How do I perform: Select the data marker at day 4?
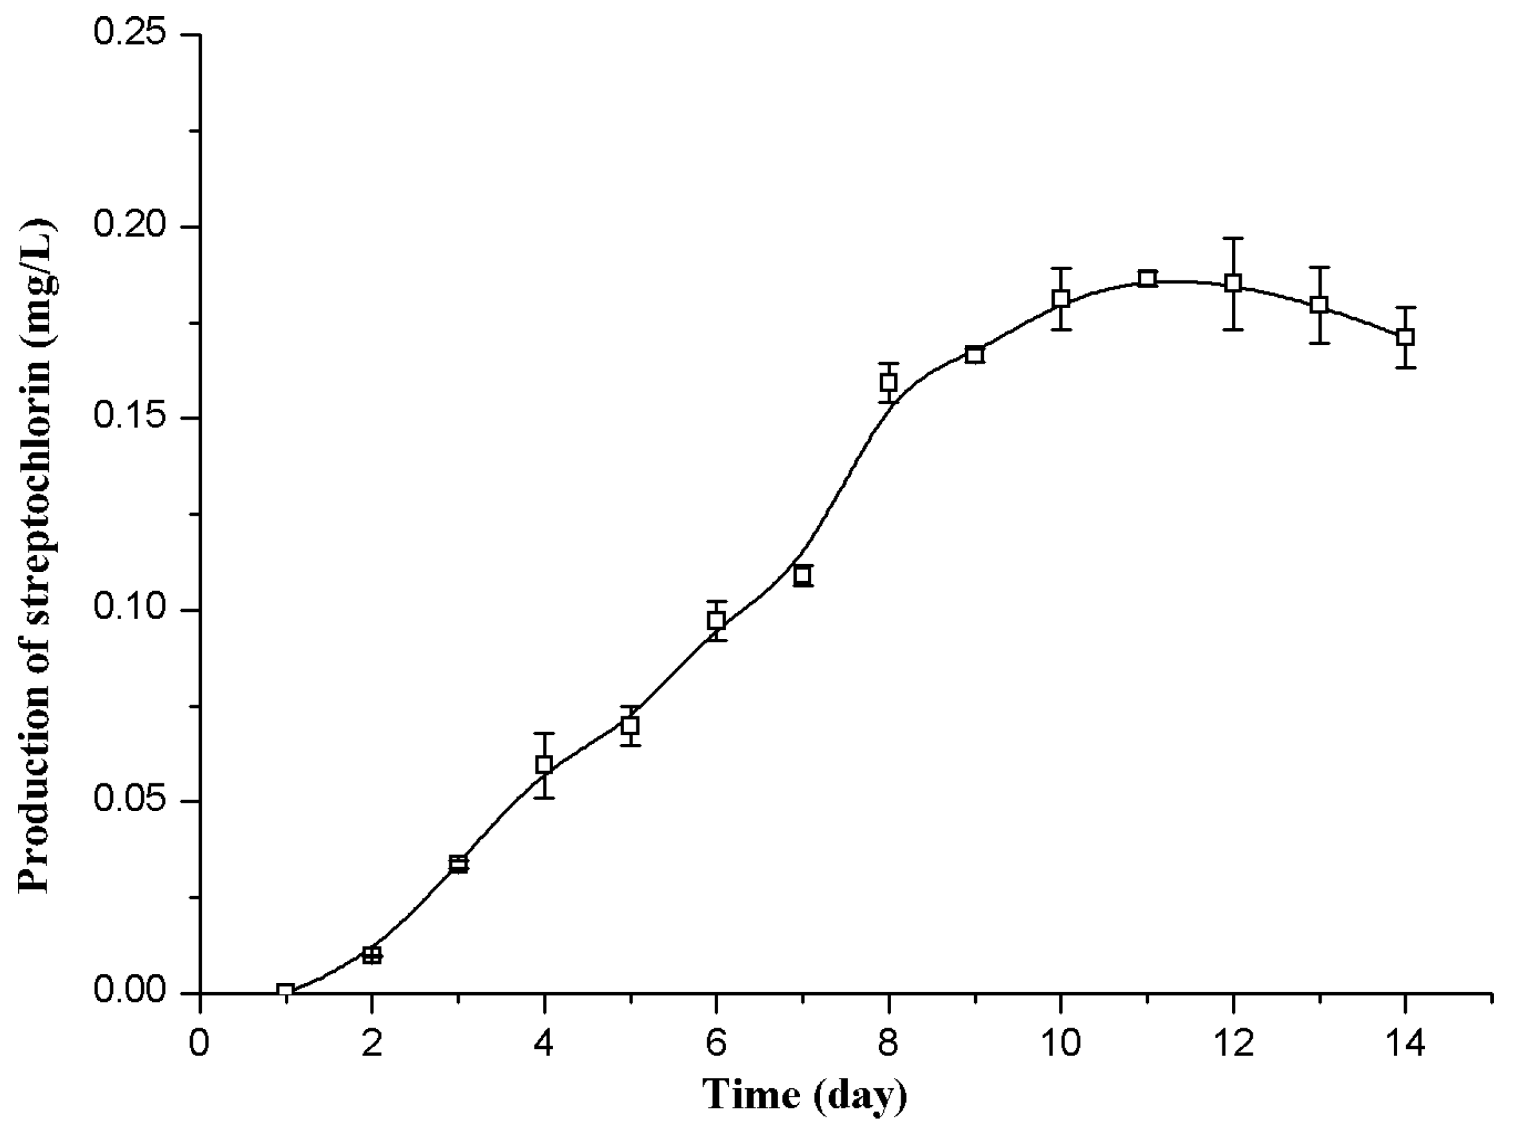click(x=543, y=764)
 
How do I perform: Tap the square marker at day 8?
click(x=888, y=382)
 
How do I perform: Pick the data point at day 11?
click(x=1148, y=279)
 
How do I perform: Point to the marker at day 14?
click(x=1405, y=337)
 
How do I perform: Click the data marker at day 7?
click(x=802, y=576)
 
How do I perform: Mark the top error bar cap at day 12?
click(x=1233, y=239)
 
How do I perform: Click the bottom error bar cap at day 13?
click(x=1320, y=342)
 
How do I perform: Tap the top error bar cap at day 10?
click(x=1061, y=268)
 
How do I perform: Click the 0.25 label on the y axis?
click(x=130, y=34)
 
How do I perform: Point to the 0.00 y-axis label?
click(x=130, y=992)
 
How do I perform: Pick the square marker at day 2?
click(x=371, y=955)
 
